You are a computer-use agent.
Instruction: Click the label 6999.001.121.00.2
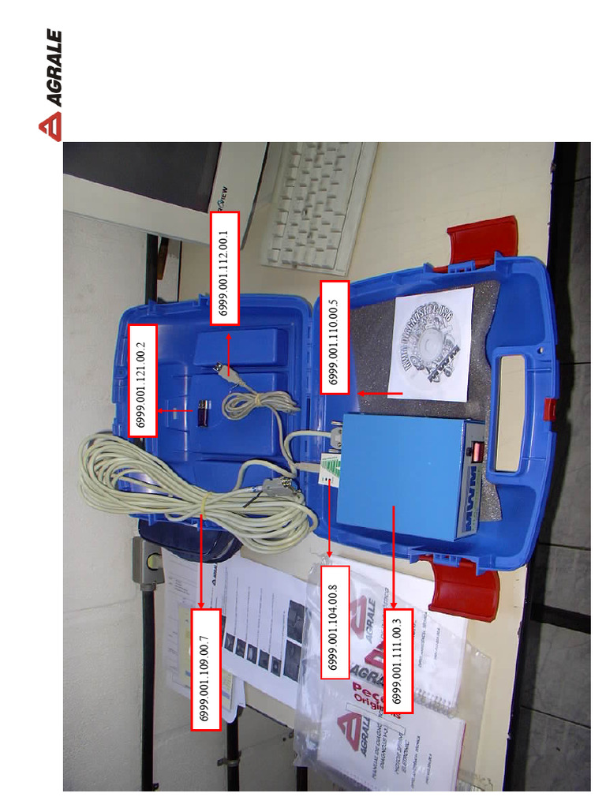pyautogui.click(x=142, y=380)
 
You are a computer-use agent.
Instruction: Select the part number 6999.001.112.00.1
pyautogui.click(x=225, y=267)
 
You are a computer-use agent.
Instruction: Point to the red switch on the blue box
pyautogui.click(x=477, y=451)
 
